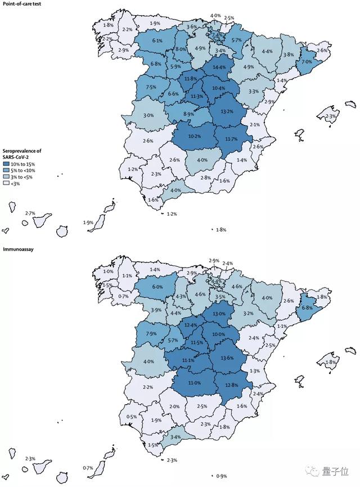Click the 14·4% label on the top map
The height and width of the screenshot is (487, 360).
tap(219, 68)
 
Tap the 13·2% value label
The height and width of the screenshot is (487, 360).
tap(227, 111)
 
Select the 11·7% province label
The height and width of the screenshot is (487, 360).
tap(231, 138)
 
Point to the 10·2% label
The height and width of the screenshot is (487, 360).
tap(195, 136)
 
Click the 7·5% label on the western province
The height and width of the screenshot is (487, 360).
tap(151, 87)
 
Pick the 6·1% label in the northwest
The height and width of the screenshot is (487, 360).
tap(157, 41)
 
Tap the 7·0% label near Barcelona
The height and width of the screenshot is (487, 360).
tap(306, 61)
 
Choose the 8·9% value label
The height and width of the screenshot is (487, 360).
tap(188, 114)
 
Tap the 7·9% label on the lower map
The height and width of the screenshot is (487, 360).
tap(151, 334)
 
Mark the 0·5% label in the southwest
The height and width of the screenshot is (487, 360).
tap(132, 417)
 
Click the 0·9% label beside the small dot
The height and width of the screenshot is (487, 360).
tap(222, 476)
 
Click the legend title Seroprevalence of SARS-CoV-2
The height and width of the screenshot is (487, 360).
tap(23, 153)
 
